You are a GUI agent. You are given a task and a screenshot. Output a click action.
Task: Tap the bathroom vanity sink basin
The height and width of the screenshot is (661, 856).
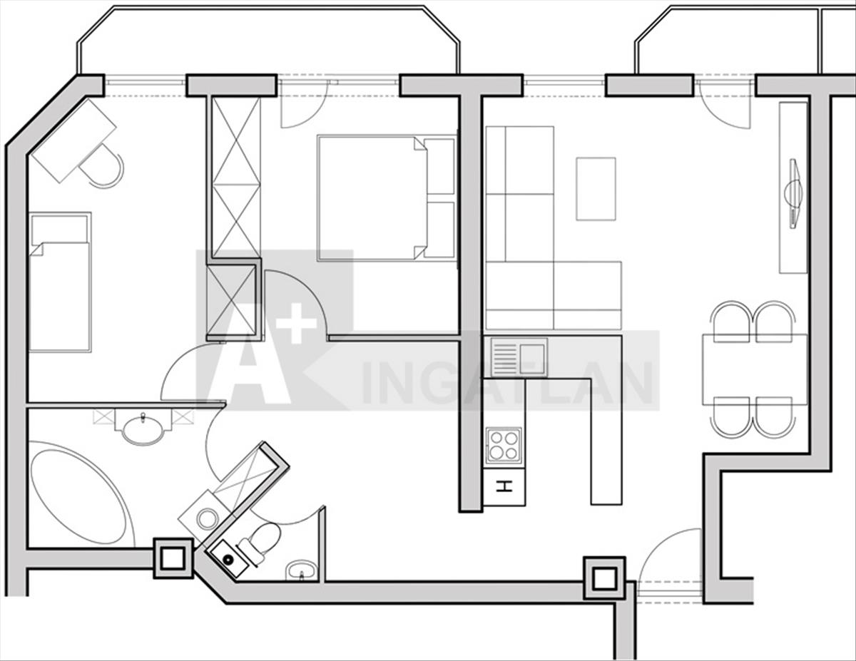point(143,429)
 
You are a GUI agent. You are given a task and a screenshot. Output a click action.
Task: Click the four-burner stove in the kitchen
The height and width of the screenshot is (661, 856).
point(503,446)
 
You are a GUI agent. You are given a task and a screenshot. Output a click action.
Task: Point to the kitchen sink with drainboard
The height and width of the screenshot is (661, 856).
point(519,357)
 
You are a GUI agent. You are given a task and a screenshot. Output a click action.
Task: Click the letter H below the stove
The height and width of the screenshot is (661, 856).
point(504,488)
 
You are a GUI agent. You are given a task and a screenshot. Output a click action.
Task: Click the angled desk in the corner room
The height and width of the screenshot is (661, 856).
point(73,140)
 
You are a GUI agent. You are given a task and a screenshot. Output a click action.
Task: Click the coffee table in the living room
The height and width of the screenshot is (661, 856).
point(596,188)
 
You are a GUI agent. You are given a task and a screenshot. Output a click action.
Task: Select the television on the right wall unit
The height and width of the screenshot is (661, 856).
point(793,193)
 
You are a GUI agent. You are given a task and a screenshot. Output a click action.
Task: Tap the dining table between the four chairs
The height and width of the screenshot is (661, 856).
point(755,369)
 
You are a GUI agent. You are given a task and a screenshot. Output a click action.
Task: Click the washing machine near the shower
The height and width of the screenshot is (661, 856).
point(205,518)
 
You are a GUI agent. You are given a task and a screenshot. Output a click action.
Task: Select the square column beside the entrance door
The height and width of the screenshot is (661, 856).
point(604,578)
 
